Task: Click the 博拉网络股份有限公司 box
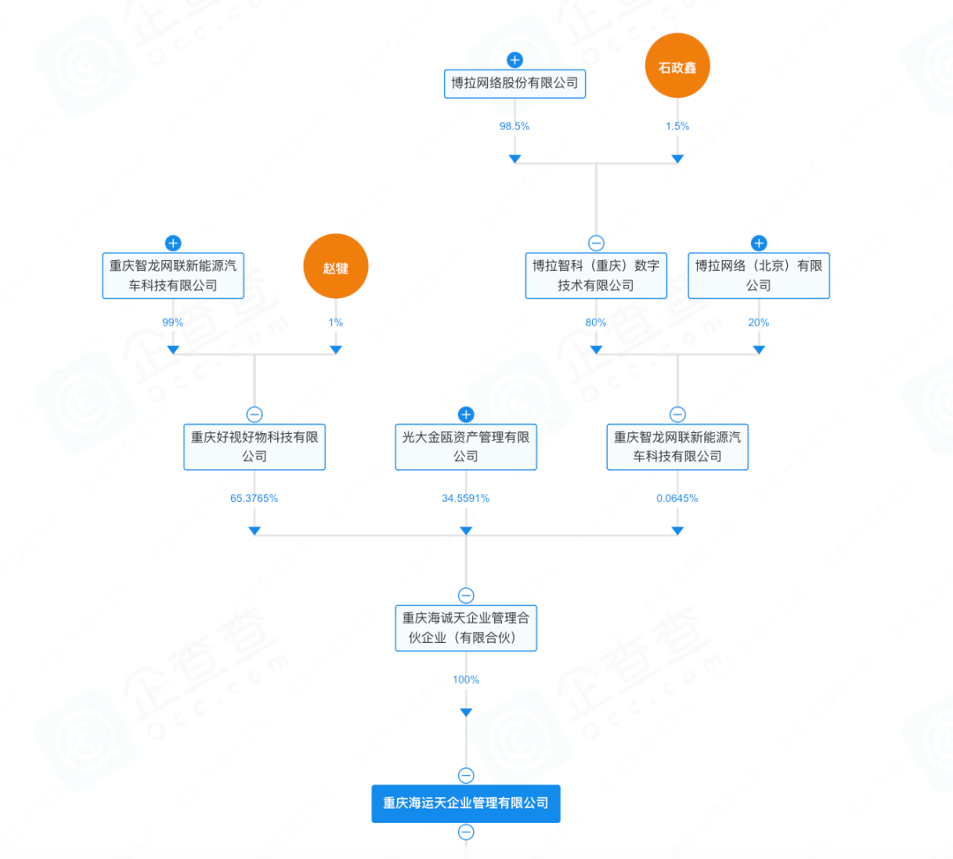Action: [514, 83]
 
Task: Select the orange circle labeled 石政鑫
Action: [677, 65]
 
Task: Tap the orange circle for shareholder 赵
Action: [335, 266]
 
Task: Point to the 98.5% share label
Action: [514, 126]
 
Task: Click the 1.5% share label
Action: [677, 126]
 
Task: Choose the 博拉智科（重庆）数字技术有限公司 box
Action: [596, 276]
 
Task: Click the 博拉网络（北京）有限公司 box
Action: [759, 276]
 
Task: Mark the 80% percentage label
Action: [596, 323]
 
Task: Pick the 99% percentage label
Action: [173, 323]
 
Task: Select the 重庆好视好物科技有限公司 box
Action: [255, 447]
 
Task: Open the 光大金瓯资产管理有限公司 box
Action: [466, 447]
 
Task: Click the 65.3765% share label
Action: [254, 498]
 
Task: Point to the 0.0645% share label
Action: [677, 498]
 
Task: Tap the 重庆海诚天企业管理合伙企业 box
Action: [466, 628]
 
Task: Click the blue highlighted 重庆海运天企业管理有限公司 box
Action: [466, 803]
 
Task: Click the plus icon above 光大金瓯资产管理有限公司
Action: [466, 415]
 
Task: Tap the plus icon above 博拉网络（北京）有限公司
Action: [759, 243]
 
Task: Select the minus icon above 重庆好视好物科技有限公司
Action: [255, 415]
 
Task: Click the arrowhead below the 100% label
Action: [466, 712]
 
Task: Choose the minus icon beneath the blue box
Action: [466, 833]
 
